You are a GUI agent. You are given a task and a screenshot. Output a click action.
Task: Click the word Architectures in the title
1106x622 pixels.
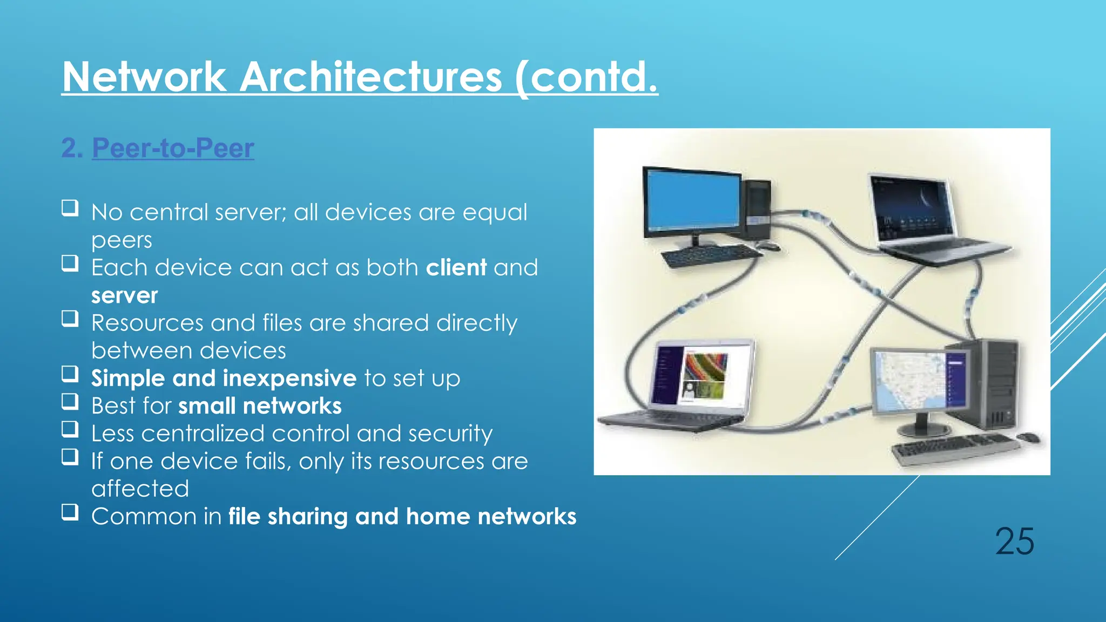pyautogui.click(x=370, y=77)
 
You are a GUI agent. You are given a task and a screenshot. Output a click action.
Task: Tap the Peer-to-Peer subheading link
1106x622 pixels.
pyautogui.click(x=173, y=148)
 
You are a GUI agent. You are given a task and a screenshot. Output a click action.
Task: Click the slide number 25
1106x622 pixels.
pyautogui.click(x=1014, y=542)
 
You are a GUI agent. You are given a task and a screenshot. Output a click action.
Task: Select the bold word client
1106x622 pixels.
pyautogui.click(x=456, y=268)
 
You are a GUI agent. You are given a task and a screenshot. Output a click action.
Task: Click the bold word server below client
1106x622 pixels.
pyautogui.click(x=124, y=295)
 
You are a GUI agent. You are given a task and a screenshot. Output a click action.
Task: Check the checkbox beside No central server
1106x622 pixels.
pyautogui.click(x=70, y=208)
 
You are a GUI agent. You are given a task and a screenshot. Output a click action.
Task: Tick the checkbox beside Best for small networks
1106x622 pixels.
pyautogui.click(x=70, y=401)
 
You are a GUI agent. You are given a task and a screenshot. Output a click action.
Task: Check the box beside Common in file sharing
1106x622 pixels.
pyautogui.click(x=70, y=511)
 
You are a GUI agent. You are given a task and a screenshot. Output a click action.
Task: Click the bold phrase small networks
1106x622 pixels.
pyautogui.click(x=260, y=406)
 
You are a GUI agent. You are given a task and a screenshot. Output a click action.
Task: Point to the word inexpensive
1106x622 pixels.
pyautogui.click(x=289, y=378)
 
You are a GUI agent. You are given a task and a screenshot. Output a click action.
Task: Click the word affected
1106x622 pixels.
pyautogui.click(x=140, y=489)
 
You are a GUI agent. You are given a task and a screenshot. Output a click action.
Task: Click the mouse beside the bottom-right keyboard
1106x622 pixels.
pyautogui.click(x=1029, y=437)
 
